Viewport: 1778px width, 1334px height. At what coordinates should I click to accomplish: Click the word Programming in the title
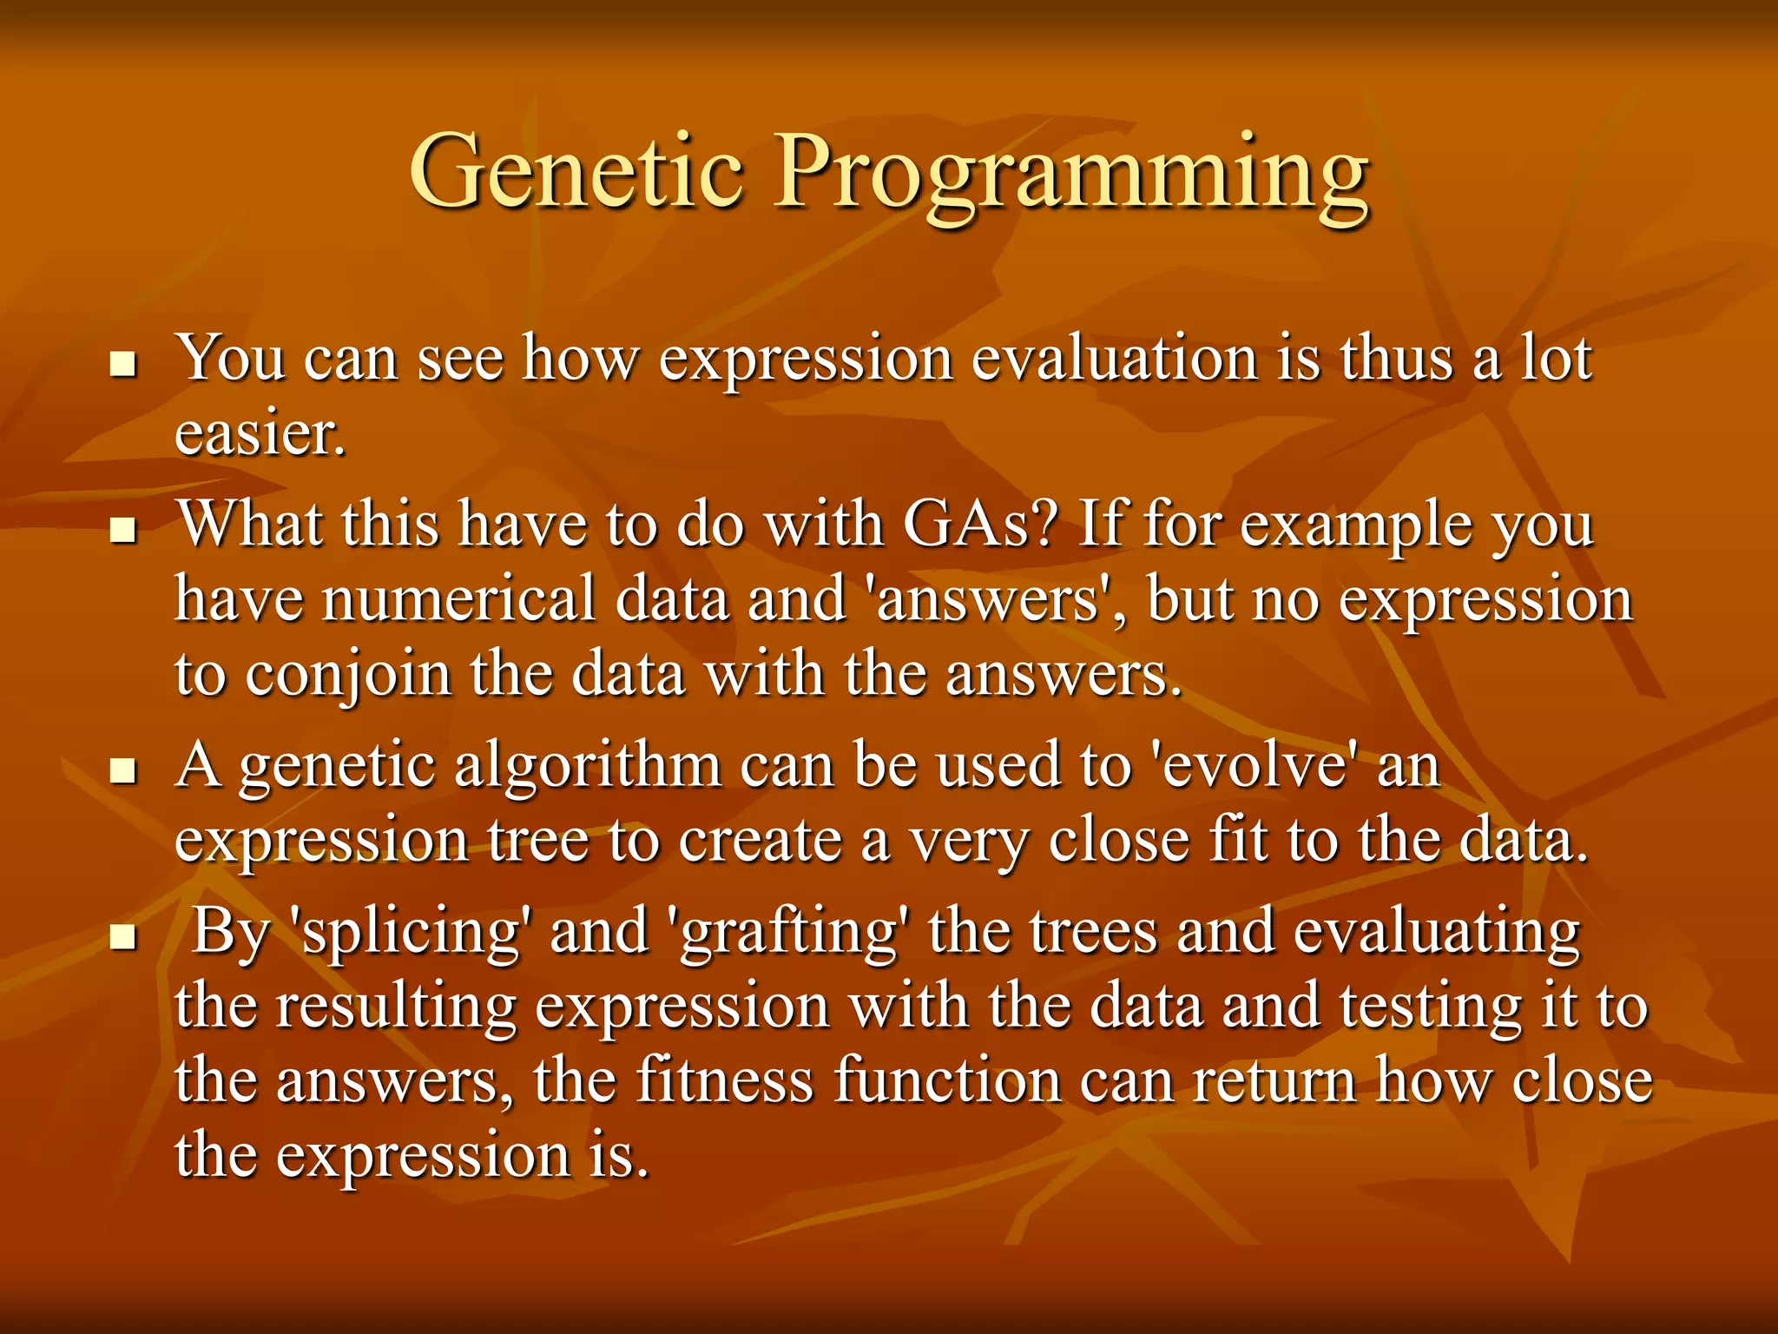1072,178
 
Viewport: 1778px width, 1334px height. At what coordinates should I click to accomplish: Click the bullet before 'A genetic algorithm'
125,770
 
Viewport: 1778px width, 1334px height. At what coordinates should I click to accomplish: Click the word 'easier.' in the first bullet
260,433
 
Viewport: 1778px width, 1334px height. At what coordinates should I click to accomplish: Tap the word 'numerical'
458,599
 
